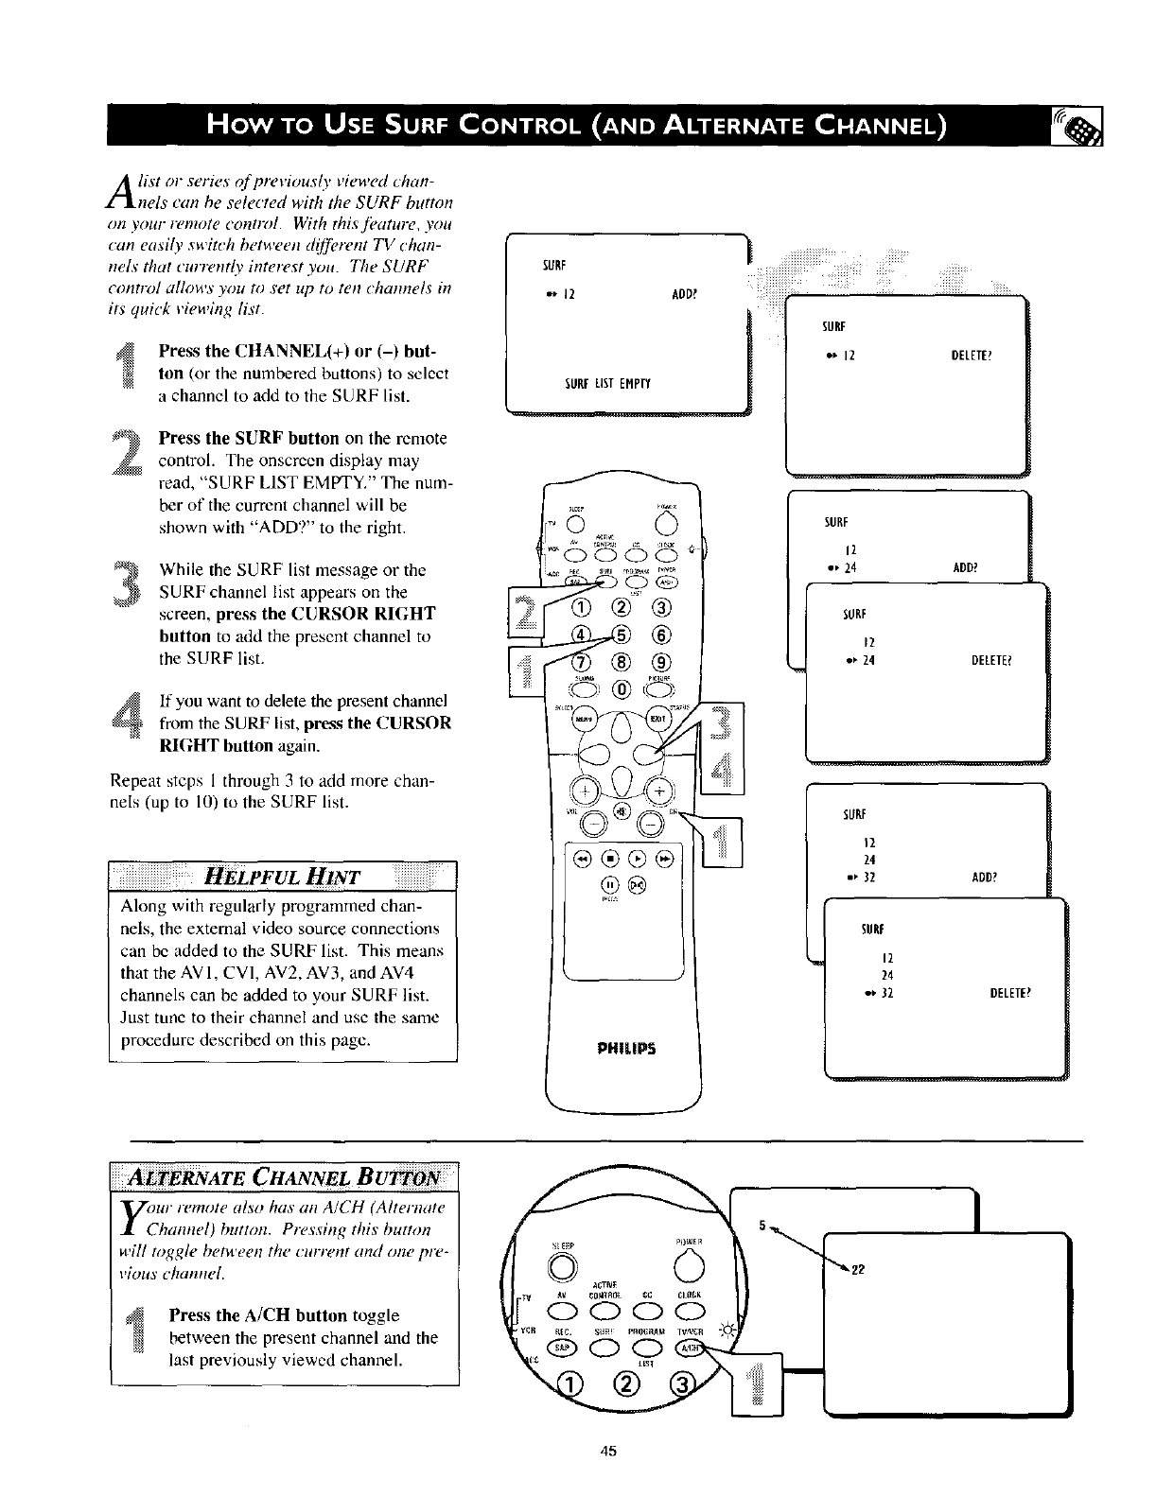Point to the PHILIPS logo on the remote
pos(625,1049)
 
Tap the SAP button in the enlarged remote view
pos(562,1349)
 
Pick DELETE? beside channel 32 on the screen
pos(1009,993)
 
